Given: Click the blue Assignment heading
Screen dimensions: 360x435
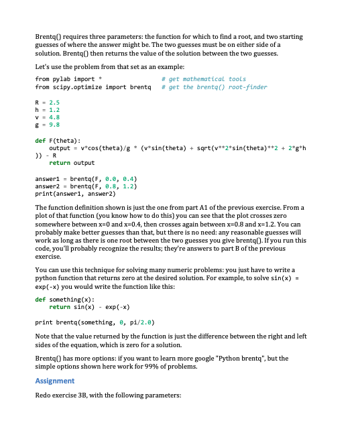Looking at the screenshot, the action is pyautogui.click(x=54, y=381).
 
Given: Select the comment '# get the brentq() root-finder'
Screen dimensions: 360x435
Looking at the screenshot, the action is pyautogui.click(x=217, y=87).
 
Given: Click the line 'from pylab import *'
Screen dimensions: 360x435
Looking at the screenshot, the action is pyautogui.click(x=68, y=79).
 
